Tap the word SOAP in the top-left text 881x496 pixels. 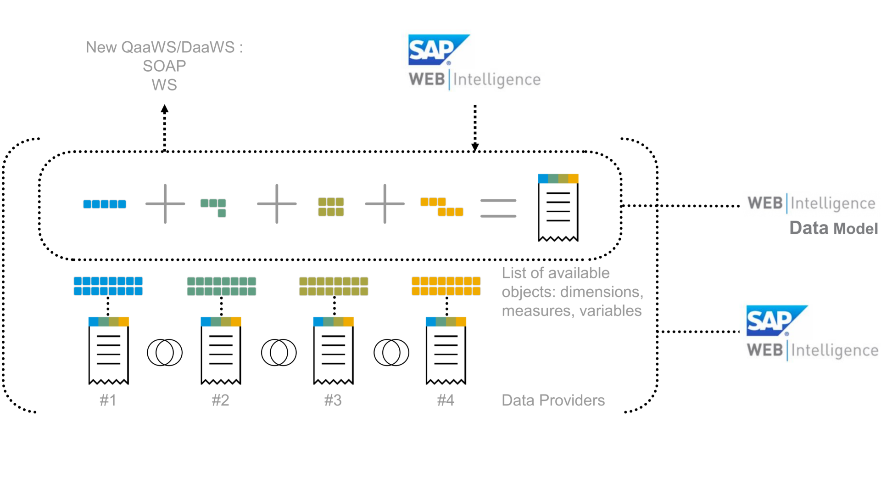point(164,66)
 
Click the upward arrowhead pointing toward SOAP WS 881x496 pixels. point(165,109)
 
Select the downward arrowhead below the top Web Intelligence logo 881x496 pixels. point(475,147)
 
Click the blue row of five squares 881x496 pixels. point(105,204)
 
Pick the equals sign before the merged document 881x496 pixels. point(498,208)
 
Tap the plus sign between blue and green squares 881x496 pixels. point(165,204)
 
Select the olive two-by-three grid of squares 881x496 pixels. point(331,207)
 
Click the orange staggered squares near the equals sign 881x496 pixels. point(441,207)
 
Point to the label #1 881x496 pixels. point(108,400)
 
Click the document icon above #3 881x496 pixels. point(334,350)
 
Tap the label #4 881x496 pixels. point(446,400)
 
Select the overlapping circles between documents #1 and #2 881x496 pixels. point(165,353)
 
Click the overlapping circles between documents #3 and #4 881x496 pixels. point(391,353)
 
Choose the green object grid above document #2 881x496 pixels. point(221,286)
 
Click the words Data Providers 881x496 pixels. point(553,400)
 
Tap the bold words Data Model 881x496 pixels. point(833,228)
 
